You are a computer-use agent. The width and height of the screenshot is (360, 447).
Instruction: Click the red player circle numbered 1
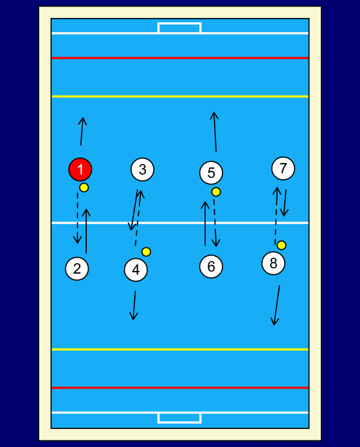80,170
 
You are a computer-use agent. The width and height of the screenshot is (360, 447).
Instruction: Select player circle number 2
77,268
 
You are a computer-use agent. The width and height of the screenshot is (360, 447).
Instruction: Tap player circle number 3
142,170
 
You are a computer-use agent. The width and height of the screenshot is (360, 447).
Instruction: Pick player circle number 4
136,270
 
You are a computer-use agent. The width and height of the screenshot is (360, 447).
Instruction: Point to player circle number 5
211,173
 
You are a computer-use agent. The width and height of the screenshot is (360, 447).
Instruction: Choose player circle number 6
211,267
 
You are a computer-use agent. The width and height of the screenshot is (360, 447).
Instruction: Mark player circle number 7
283,168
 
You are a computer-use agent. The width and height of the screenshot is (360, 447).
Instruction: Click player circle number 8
273,263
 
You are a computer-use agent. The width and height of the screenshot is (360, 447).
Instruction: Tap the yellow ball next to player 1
84,188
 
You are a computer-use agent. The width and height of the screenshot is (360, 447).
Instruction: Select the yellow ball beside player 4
146,252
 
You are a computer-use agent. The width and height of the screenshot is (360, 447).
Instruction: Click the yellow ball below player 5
216,192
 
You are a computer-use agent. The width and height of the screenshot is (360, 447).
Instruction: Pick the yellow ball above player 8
282,245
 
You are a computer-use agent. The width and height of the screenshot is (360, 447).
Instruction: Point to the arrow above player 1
82,131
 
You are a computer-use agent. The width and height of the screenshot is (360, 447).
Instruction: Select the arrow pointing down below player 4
134,305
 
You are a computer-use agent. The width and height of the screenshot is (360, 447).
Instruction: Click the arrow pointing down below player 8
276,305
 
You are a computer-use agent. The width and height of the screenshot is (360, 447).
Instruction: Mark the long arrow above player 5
215,132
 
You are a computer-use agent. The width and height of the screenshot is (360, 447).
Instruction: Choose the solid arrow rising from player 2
86,231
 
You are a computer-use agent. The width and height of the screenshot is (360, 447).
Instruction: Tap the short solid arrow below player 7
285,203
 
